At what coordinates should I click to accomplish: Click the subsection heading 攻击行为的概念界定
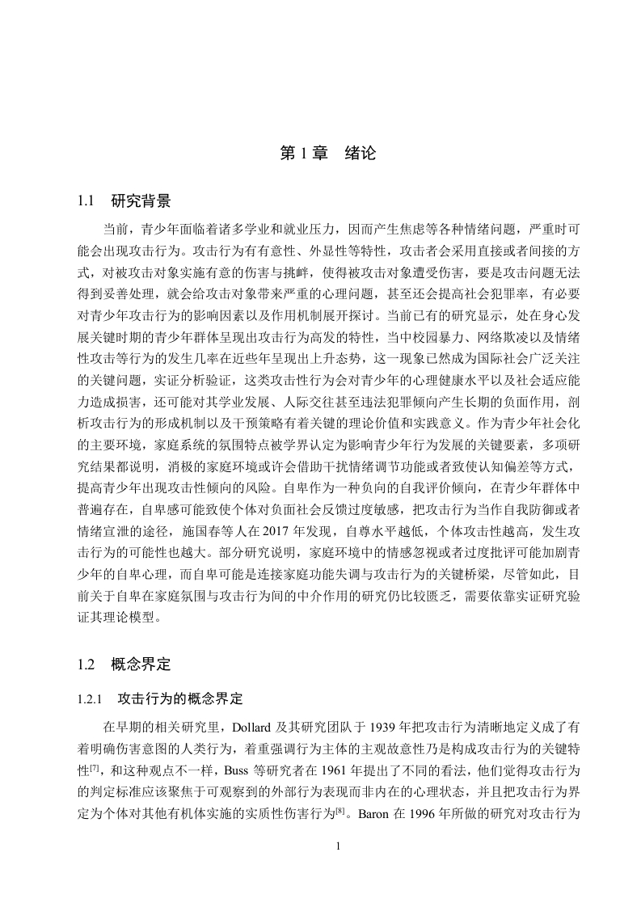180,697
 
